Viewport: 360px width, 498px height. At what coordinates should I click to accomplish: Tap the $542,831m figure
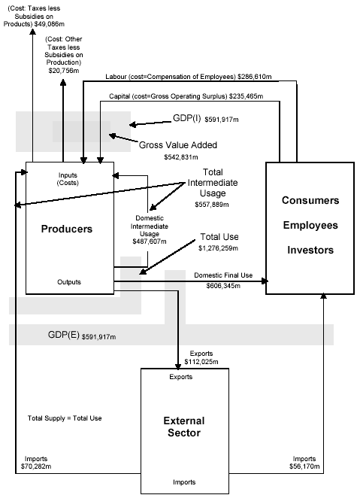[x=183, y=157]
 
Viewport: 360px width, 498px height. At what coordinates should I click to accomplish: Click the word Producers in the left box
[x=66, y=229]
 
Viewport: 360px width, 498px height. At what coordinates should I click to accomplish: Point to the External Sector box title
[x=183, y=426]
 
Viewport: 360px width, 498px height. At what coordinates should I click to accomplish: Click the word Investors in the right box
[x=310, y=250]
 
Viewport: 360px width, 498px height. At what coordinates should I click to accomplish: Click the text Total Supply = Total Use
[x=65, y=418]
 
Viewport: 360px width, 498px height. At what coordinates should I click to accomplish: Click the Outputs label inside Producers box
[x=69, y=282]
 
